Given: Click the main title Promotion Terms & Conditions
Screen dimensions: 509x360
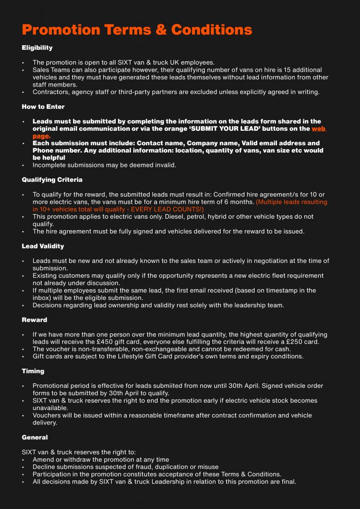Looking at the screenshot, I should pyautogui.click(x=137, y=29).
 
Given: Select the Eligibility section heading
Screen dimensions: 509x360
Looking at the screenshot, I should pyautogui.click(x=37, y=48).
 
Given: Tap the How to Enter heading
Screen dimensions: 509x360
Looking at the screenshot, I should pyautogui.click(x=43, y=106).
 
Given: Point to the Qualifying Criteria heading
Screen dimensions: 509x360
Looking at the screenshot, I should pyautogui.click(x=52, y=179).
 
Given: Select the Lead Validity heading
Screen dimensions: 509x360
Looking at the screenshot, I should pyautogui.click(x=43, y=246).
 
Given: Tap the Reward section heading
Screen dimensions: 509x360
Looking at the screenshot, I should pyautogui.click(x=34, y=320).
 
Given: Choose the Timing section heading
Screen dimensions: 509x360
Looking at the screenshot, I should pyautogui.click(x=33, y=371).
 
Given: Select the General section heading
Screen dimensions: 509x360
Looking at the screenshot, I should pyautogui.click(x=35, y=437).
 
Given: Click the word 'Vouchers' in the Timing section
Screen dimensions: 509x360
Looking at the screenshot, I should pyautogui.click(x=48, y=415).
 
